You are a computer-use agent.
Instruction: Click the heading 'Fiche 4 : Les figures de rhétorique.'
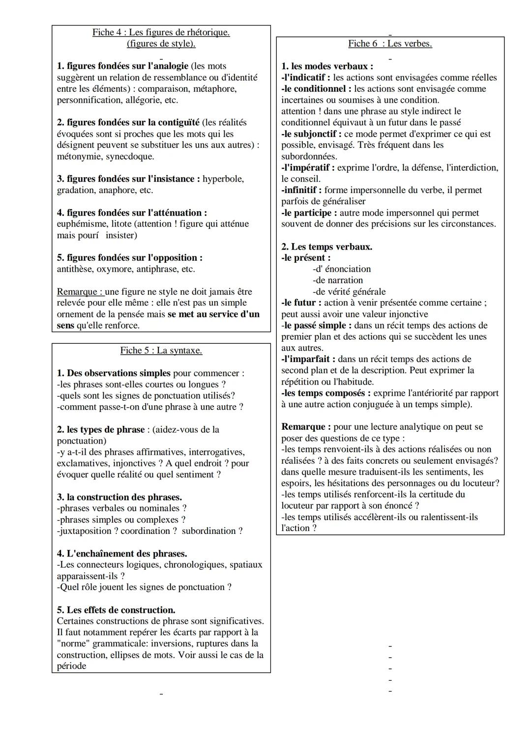(161, 32)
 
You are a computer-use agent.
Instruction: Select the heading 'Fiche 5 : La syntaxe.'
(161, 351)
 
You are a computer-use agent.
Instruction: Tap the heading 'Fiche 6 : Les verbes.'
(390, 44)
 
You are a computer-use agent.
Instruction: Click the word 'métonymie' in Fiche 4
(79, 157)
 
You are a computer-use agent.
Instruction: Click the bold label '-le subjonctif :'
(311, 134)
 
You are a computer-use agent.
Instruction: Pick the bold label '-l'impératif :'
(308, 168)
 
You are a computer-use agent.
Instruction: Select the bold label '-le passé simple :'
(317, 326)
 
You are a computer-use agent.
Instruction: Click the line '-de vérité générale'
(349, 292)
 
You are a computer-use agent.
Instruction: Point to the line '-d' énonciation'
(342, 269)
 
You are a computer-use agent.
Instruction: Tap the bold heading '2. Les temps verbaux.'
(326, 247)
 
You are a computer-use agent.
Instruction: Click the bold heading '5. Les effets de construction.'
(116, 610)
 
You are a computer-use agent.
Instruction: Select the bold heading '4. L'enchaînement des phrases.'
(121, 554)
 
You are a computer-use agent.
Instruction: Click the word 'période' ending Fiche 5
(71, 667)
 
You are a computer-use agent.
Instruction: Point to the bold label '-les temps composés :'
(326, 393)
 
